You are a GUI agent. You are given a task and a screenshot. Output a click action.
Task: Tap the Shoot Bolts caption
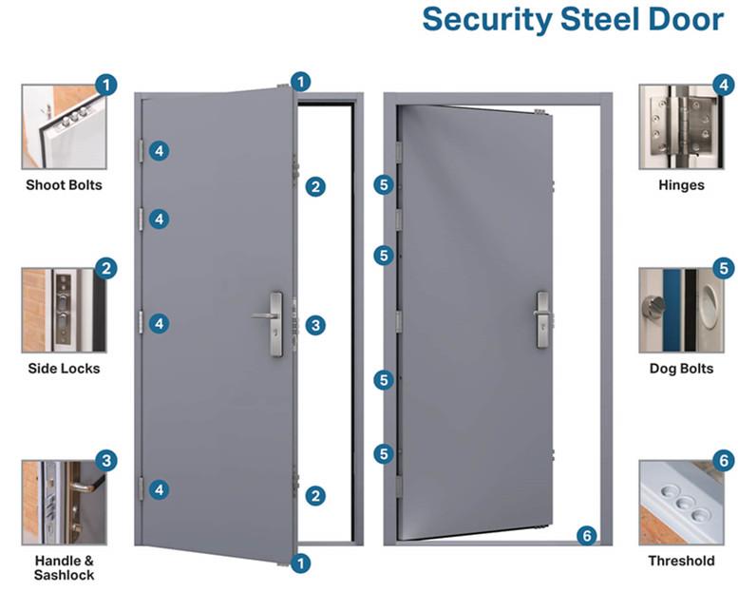(64, 185)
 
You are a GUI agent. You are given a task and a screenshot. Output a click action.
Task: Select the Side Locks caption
(64, 369)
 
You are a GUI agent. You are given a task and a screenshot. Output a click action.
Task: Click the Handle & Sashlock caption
(64, 568)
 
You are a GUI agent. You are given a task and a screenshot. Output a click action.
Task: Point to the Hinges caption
(682, 185)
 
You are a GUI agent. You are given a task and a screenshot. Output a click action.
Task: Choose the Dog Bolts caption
(682, 369)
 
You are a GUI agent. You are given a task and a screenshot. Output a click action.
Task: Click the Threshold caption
(682, 561)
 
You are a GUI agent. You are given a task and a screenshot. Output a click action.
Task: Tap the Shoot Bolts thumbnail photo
(64, 127)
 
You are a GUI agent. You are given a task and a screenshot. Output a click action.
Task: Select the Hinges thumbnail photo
(682, 127)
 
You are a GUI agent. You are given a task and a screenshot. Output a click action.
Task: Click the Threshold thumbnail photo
(682, 503)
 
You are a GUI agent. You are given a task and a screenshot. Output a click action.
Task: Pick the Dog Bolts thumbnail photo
(682, 311)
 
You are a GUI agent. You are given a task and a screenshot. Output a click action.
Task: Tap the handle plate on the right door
(542, 320)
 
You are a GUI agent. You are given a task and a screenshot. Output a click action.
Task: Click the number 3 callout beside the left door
(315, 325)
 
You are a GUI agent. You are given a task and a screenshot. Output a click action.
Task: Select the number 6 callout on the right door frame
(586, 536)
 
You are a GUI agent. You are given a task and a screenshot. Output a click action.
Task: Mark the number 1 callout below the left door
(301, 563)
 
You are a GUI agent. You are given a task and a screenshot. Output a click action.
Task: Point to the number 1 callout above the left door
(301, 82)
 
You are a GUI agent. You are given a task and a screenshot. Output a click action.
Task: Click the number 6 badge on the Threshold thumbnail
(725, 461)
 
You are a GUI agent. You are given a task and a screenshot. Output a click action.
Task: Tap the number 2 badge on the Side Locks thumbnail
(106, 269)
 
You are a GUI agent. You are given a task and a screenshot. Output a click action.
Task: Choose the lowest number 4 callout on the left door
(159, 489)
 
